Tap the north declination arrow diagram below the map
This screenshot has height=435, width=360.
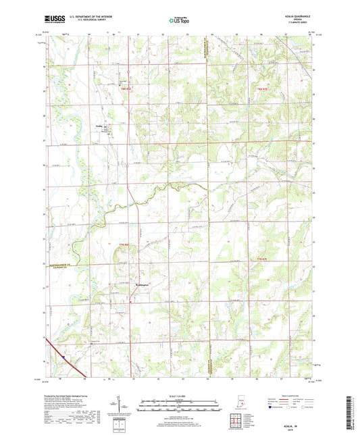tap(128, 407)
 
